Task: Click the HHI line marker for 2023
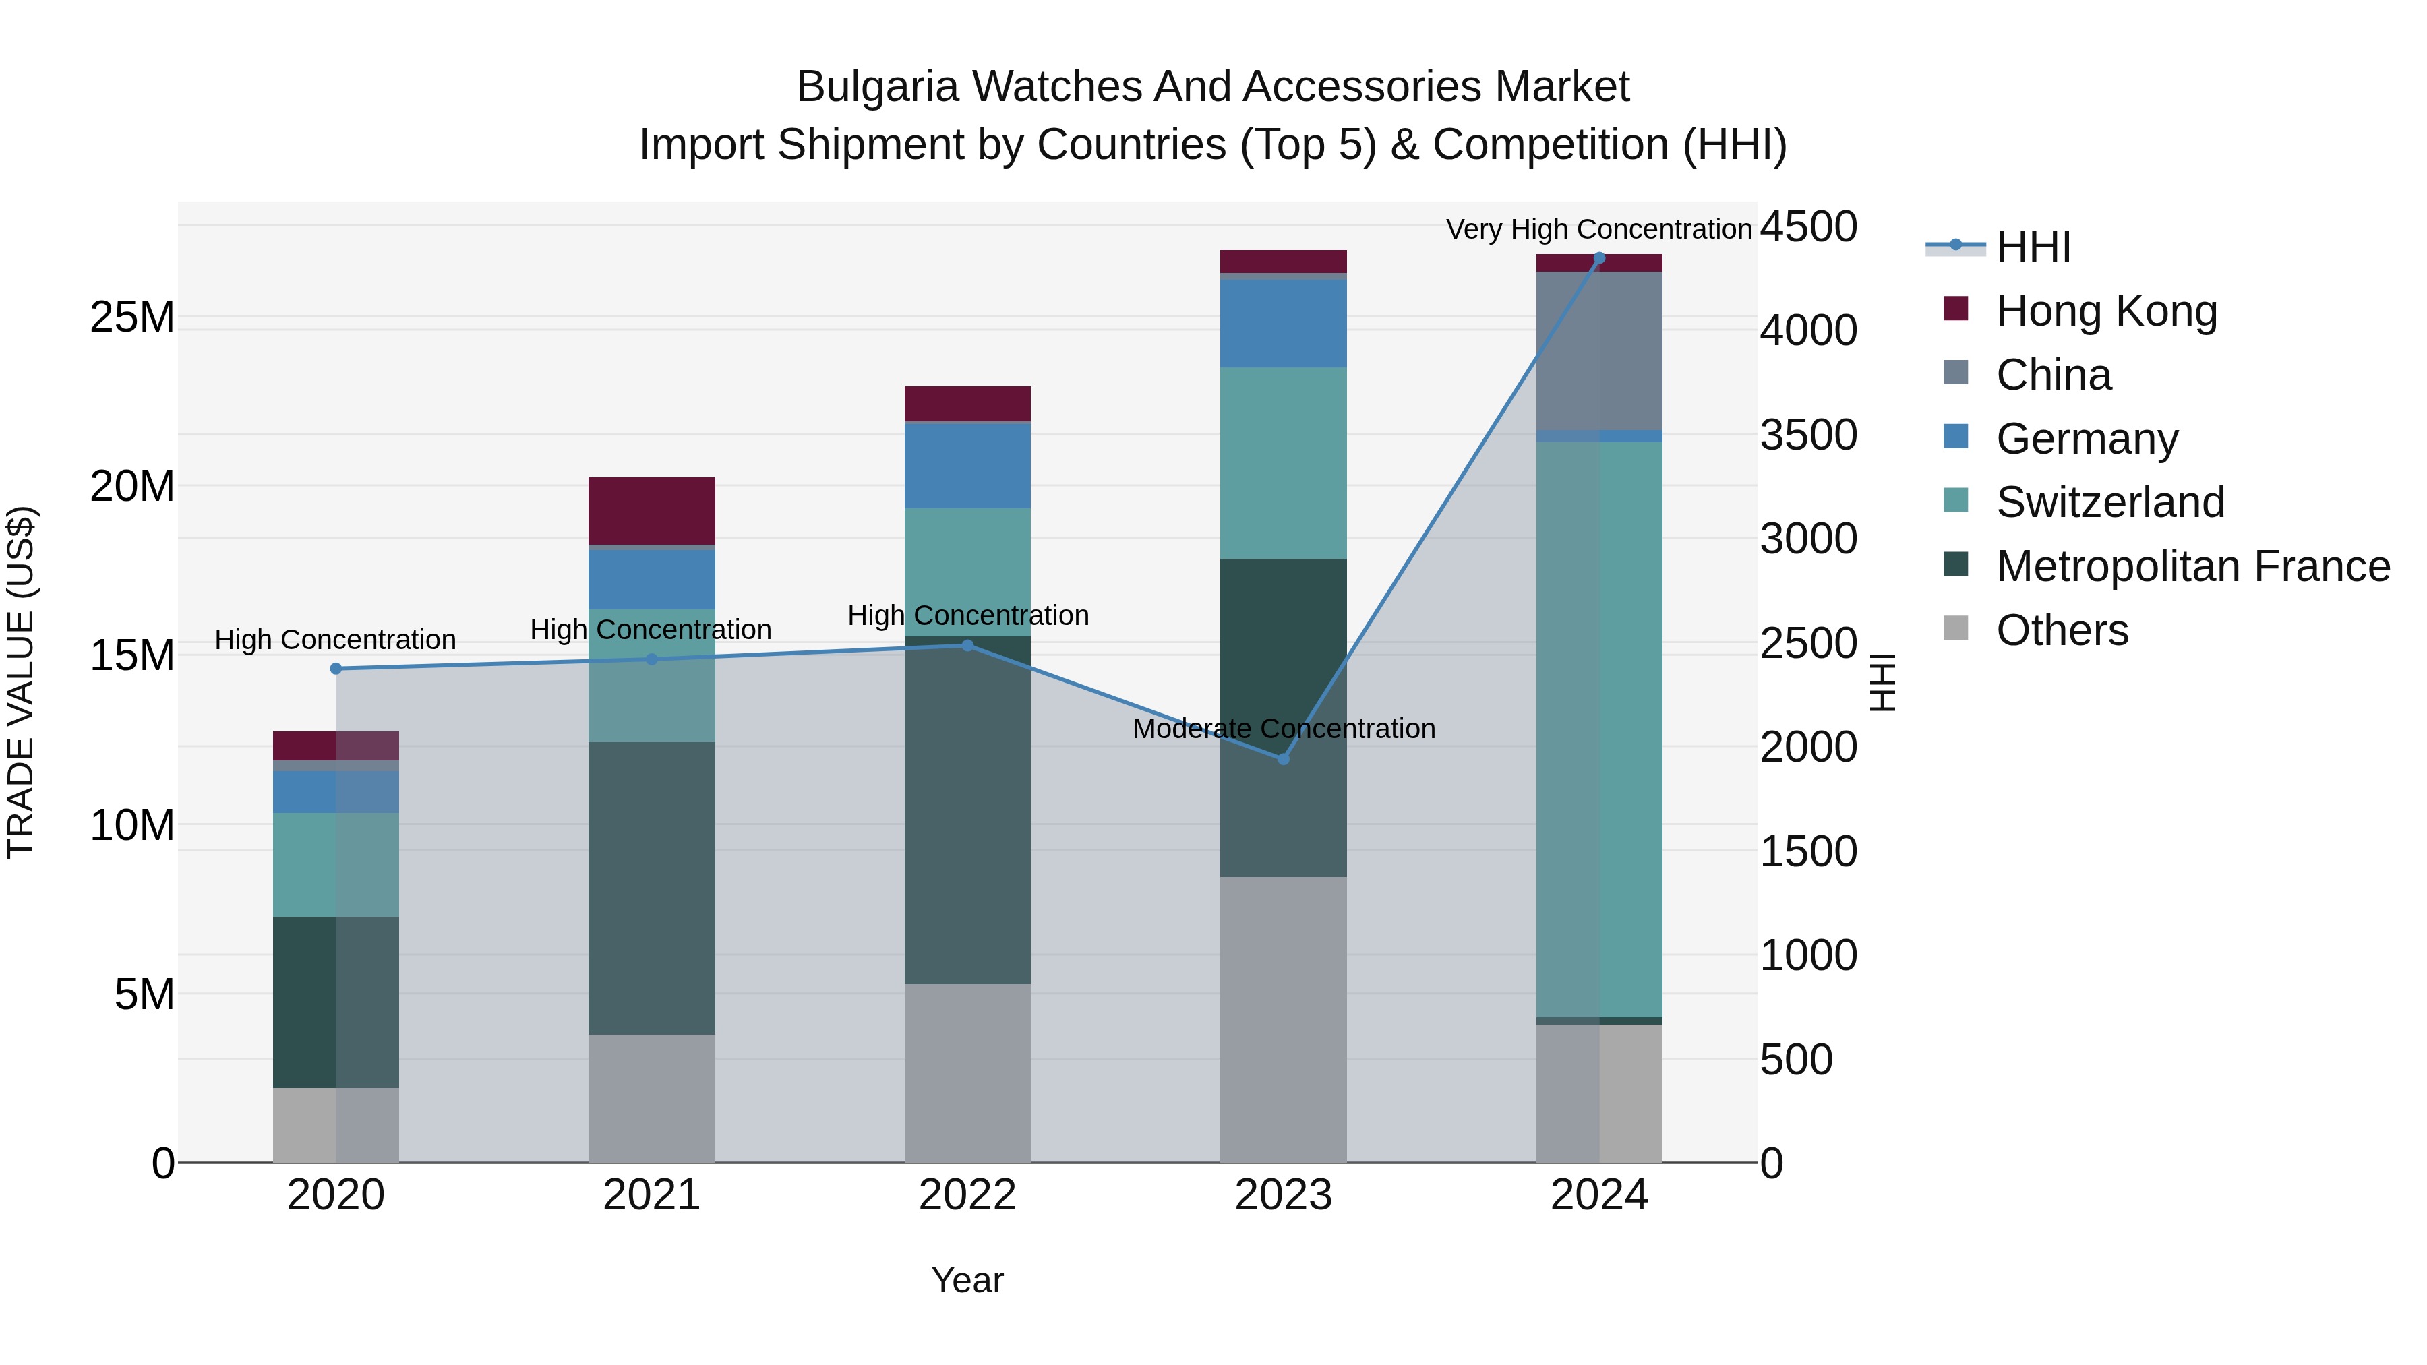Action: pyautogui.click(x=1282, y=758)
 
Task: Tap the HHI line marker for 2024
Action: pyautogui.click(x=1599, y=258)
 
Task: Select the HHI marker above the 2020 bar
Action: pyautogui.click(x=336, y=669)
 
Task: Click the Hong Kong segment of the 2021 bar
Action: pyautogui.click(x=651, y=510)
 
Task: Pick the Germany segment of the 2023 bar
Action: pyautogui.click(x=1282, y=323)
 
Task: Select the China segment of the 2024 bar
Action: pyautogui.click(x=1599, y=351)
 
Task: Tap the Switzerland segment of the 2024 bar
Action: pyautogui.click(x=1599, y=729)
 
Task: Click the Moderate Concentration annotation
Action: pyautogui.click(x=1283, y=729)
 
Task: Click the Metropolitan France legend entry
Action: pyautogui.click(x=2192, y=566)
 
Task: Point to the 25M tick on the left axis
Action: pyautogui.click(x=132, y=317)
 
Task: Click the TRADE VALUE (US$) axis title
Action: pyautogui.click(x=21, y=682)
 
